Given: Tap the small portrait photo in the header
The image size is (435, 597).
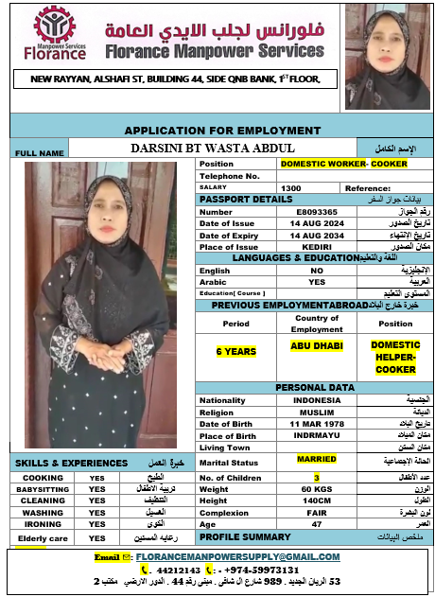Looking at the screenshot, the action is [387, 57].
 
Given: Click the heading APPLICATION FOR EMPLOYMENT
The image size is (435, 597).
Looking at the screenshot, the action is [222, 131].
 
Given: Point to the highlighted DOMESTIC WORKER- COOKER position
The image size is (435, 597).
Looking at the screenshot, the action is [344, 164].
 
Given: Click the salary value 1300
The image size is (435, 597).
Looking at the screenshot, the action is [290, 187].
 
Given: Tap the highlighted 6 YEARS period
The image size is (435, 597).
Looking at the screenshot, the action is [235, 351].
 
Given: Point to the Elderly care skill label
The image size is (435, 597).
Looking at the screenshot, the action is [43, 538].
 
